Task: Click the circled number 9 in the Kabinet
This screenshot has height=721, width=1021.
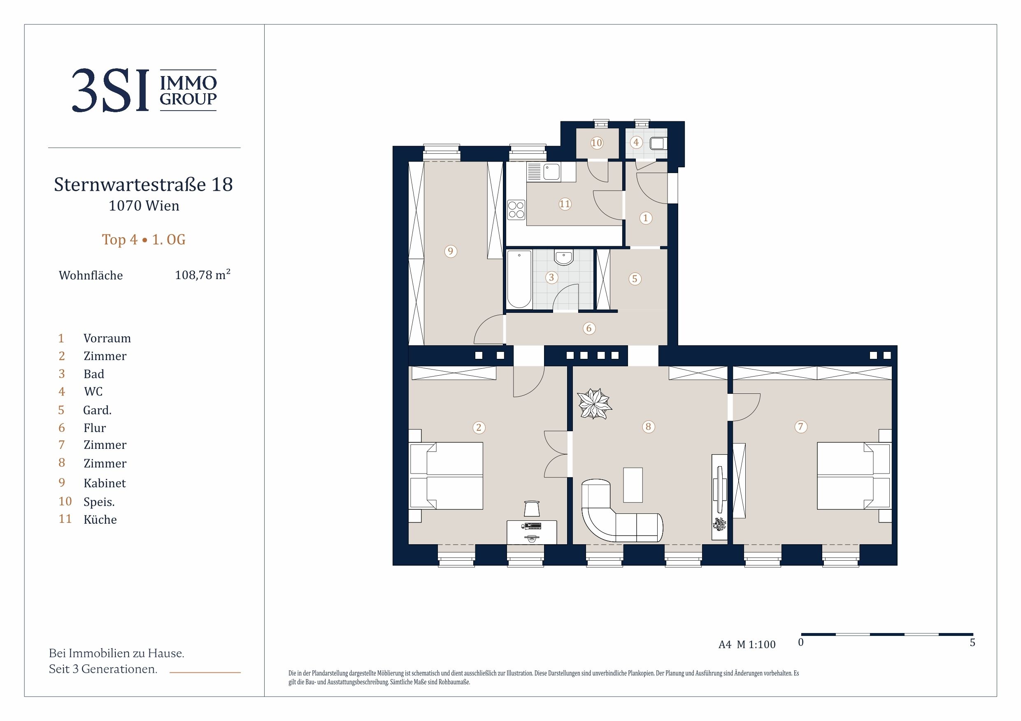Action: pos(451,252)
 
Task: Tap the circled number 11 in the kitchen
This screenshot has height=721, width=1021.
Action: pos(565,204)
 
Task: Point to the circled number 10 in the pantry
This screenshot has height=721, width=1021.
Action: pos(596,143)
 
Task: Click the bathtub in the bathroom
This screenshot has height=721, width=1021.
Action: pos(519,279)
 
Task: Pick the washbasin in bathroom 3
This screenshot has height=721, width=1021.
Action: pos(564,257)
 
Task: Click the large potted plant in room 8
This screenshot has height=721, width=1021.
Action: pos(595,403)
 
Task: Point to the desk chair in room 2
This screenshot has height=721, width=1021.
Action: pos(532,508)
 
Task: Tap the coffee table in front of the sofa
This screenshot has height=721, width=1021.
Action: pos(633,485)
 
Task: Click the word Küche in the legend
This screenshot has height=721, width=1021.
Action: pos(100,519)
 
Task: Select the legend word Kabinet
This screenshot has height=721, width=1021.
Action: pos(105,483)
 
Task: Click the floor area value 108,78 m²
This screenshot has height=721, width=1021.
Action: pos(202,275)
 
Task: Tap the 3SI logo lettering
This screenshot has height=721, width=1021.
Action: pos(110,90)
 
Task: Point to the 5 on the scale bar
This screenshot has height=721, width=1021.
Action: pos(972,642)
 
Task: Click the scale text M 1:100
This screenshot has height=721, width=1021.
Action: pos(756,645)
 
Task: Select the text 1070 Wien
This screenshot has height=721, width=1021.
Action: pos(144,206)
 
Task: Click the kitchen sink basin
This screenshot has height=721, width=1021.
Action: pos(551,172)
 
